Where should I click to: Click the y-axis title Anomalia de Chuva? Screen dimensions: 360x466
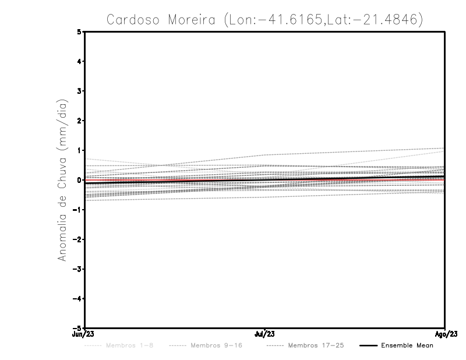[62, 179]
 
